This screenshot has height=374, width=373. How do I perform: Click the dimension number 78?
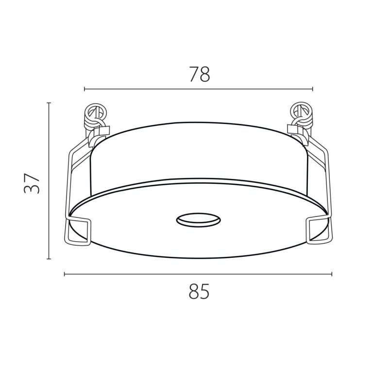click(200, 74)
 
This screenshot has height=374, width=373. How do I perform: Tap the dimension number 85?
click(199, 291)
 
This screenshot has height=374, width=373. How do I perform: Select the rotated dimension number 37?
click(32, 183)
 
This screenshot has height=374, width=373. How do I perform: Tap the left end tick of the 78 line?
click(85, 89)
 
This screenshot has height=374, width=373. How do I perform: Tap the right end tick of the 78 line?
click(312, 89)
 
